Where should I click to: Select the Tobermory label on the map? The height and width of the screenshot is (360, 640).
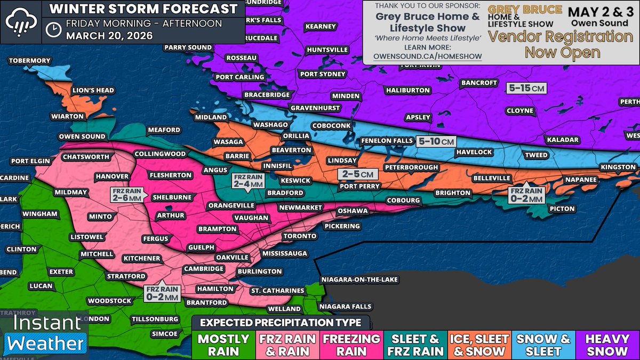click(x=30, y=61)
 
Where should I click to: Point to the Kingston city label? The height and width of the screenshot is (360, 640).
click(x=618, y=167)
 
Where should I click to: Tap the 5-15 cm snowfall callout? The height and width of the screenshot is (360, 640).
click(x=526, y=88)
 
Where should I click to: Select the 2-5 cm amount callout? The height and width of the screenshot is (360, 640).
click(x=358, y=174)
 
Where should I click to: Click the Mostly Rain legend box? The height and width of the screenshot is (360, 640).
click(x=223, y=345)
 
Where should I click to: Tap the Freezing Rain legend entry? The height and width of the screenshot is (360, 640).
click(x=351, y=345)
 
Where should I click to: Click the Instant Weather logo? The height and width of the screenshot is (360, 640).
click(x=45, y=335)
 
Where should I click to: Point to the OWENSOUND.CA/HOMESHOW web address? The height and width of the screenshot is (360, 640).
click(x=428, y=57)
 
